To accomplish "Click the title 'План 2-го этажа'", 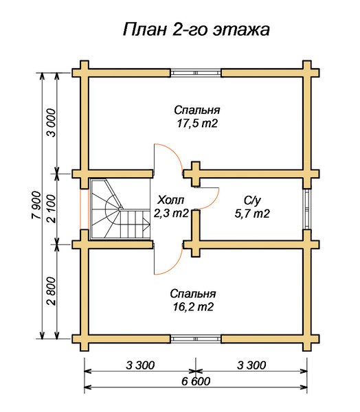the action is [196, 29].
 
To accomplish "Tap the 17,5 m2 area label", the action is [197, 123].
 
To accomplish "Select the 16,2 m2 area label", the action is [193, 307].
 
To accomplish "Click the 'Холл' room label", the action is [170, 201].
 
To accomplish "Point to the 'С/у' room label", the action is [252, 201].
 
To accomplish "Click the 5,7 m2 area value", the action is [252, 214].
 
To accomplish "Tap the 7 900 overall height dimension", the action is [36, 205].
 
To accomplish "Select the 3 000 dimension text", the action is [52, 123].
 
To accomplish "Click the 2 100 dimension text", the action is [52, 209].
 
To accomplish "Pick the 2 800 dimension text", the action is [52, 291].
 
